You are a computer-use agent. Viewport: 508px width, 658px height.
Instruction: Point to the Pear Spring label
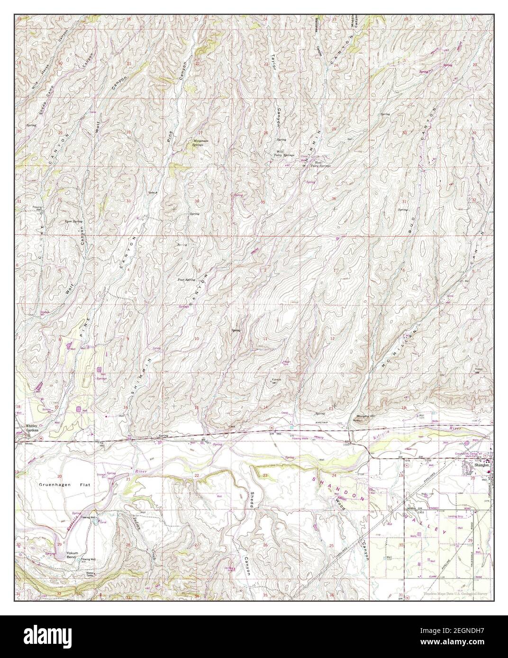coord(186,280)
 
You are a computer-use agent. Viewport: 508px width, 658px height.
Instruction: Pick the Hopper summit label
coord(478,369)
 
